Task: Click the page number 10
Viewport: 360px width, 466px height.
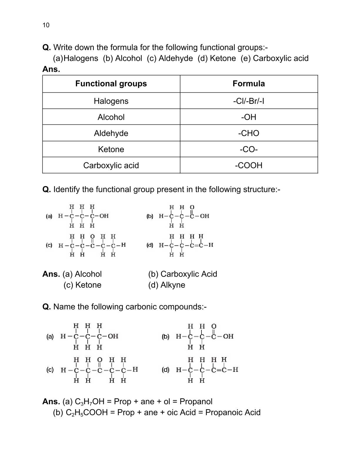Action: click(x=46, y=25)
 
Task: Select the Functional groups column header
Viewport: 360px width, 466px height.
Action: click(x=111, y=84)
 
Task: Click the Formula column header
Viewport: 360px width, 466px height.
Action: click(x=249, y=84)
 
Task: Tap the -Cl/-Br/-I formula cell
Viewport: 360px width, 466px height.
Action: click(x=249, y=101)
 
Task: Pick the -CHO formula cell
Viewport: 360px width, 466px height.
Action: click(x=249, y=133)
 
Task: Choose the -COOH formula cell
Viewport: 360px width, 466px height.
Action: click(x=249, y=165)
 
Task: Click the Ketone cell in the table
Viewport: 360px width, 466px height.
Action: click(x=111, y=149)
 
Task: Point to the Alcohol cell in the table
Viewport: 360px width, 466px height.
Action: click(x=111, y=117)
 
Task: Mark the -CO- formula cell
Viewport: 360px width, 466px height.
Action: click(x=249, y=149)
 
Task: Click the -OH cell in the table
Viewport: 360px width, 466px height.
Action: click(x=249, y=117)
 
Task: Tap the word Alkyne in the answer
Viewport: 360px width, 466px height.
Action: click(x=173, y=285)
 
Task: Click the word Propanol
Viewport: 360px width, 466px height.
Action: click(x=196, y=402)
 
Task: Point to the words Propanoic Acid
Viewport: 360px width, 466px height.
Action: click(x=233, y=412)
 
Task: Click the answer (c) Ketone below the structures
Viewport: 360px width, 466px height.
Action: click(x=82, y=285)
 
